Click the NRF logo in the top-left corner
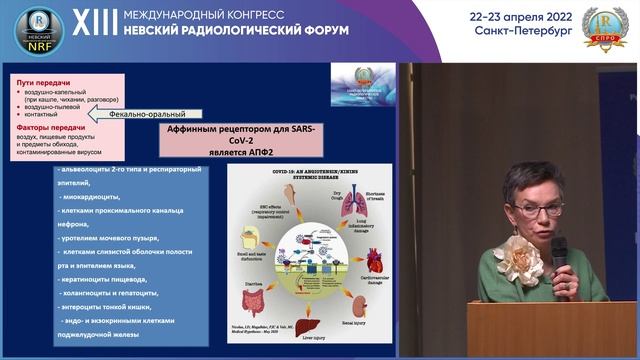(x=39, y=30)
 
